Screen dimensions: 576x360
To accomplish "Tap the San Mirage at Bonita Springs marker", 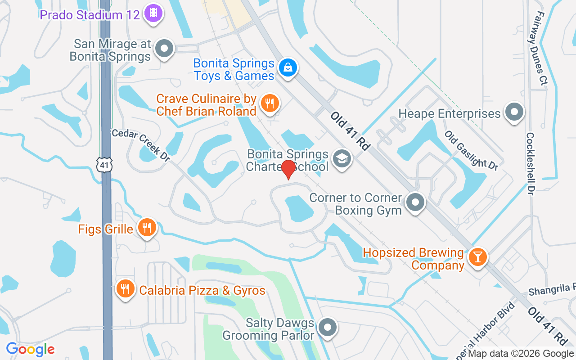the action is point(165,49).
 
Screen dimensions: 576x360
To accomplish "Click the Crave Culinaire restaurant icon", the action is point(270,104).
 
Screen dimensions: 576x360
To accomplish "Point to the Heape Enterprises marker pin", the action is point(514,112).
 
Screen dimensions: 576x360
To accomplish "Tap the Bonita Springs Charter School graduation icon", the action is point(342,159).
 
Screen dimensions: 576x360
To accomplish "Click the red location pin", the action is point(288,169).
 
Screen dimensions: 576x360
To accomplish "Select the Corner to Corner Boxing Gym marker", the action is point(415,203).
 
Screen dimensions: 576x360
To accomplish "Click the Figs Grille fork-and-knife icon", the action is point(146,228).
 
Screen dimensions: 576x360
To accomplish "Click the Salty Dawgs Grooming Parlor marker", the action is point(328,328).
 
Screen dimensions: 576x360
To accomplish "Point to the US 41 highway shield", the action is point(104,165).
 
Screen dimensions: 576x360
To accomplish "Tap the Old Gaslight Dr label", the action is point(471,150).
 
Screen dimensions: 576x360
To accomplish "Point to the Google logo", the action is point(30,349).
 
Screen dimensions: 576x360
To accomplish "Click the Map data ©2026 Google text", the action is point(521,354).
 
